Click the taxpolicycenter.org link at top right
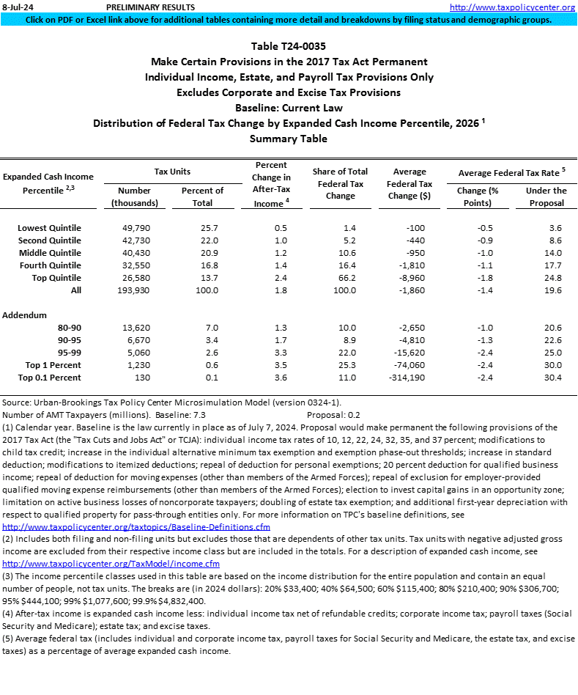coord(511,7)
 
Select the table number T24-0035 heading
coord(289,46)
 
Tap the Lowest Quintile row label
coord(49,228)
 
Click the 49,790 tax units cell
coord(133,228)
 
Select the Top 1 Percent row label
coord(53,365)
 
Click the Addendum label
coord(26,315)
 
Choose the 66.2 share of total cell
coord(347,278)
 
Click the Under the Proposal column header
coord(546,196)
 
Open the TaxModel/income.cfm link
coord(111,564)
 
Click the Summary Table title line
coord(289,138)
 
